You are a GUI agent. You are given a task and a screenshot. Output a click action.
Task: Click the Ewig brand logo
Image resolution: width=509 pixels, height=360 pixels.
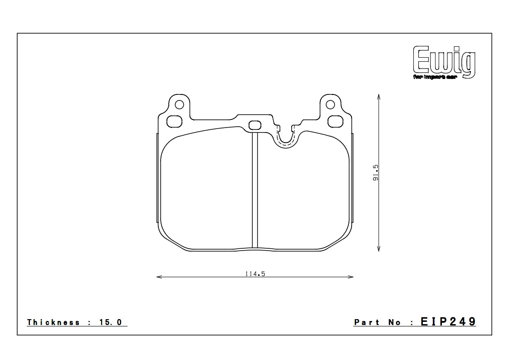[443, 61]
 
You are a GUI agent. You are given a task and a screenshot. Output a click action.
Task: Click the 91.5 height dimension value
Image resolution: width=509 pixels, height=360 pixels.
[375, 173]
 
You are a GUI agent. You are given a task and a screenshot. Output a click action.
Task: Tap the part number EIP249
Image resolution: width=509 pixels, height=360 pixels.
[448, 322]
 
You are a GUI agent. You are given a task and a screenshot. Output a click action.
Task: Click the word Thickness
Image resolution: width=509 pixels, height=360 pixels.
[54, 322]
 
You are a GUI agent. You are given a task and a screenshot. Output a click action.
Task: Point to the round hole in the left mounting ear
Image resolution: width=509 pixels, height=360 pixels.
[179, 105]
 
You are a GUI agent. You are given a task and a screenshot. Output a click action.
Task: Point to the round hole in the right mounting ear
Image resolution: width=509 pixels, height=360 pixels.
[330, 105]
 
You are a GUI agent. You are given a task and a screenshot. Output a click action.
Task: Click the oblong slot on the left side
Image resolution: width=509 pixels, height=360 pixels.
[174, 122]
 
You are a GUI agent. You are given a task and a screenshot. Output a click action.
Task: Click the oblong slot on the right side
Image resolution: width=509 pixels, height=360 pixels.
[336, 122]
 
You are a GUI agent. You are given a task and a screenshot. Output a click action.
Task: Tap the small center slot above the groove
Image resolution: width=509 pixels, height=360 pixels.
[254, 125]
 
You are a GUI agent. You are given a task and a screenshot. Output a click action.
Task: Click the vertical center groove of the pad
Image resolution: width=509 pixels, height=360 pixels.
[254, 191]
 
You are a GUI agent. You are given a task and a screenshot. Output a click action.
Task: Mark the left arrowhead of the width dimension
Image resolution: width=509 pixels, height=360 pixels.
[158, 277]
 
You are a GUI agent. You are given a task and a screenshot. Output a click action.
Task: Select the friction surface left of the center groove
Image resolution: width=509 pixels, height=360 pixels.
[206, 191]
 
